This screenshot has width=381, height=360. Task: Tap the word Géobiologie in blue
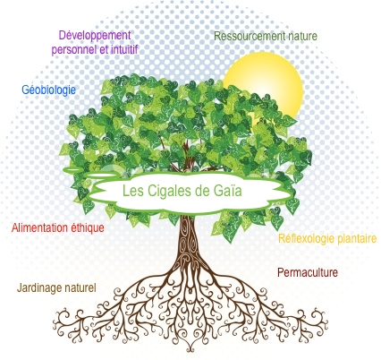pyautogui.click(x=48, y=90)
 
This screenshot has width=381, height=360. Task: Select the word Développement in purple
pyautogui.click(x=95, y=36)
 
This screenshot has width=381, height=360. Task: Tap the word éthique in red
pyautogui.click(x=88, y=228)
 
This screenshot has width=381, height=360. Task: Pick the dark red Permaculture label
pyautogui.click(x=308, y=272)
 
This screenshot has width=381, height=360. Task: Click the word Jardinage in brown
pyautogui.click(x=37, y=288)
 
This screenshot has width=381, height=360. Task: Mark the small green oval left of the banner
pyautogui.click(x=73, y=169)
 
